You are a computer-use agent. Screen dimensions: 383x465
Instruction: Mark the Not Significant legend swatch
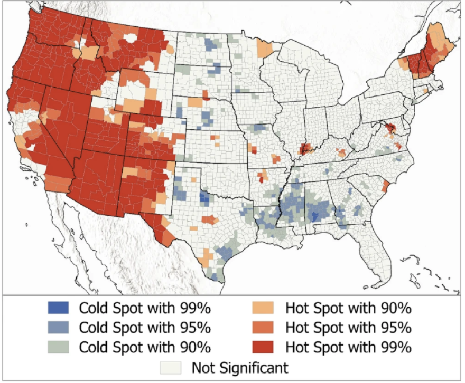pyautogui.click(x=174, y=367)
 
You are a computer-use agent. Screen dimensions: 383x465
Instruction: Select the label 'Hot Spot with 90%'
pyautogui.click(x=348, y=308)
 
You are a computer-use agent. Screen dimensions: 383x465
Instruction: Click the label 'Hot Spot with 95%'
pyautogui.click(x=348, y=327)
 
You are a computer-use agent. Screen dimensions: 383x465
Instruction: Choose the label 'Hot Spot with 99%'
pyautogui.click(x=348, y=347)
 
